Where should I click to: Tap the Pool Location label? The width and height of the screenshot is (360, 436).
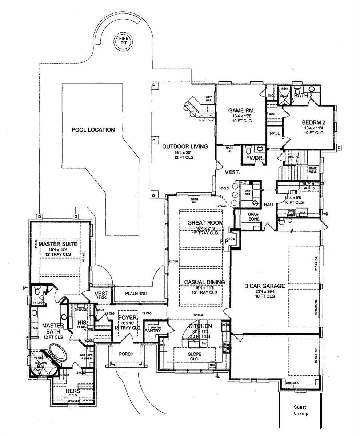click(93, 130)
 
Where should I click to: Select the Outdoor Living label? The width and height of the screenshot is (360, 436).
click(185, 146)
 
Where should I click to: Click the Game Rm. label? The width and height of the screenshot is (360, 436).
click(241, 110)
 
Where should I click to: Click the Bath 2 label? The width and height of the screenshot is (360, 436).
click(303, 96)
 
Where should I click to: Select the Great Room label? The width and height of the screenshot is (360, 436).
click(205, 223)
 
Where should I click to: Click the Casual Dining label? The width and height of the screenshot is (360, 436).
click(204, 282)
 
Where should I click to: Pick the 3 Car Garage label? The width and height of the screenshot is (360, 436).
click(264, 286)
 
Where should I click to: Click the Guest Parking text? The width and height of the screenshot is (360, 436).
click(300, 411)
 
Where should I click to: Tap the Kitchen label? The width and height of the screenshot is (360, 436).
click(200, 326)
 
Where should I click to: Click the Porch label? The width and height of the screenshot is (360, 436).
click(126, 354)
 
